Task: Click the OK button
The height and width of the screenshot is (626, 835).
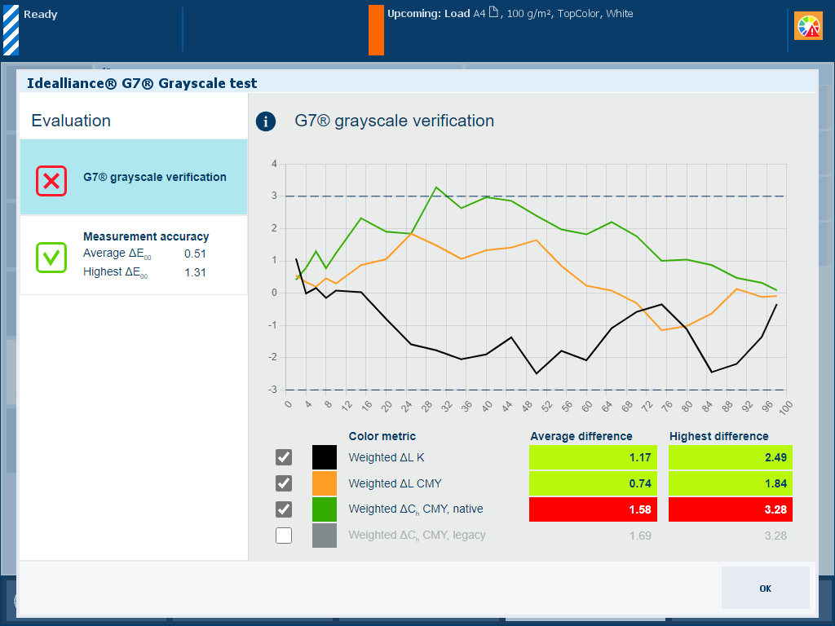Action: tap(765, 588)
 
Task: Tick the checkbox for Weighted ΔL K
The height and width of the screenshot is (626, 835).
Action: tap(284, 457)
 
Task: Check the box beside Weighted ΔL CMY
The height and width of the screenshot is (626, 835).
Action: tap(284, 483)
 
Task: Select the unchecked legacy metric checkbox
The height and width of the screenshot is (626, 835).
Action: tap(284, 536)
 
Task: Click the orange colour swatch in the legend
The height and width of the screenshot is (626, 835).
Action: tap(324, 483)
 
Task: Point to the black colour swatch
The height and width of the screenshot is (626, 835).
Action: tap(324, 457)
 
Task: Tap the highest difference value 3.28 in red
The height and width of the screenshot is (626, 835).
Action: tap(731, 509)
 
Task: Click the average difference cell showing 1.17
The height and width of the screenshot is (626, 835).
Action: tap(591, 457)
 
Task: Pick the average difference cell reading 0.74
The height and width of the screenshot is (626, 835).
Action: tap(591, 483)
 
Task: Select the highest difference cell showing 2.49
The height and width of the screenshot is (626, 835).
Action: tap(731, 457)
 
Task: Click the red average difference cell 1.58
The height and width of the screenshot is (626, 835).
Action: tap(591, 509)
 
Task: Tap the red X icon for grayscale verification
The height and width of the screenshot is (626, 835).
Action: tap(51, 180)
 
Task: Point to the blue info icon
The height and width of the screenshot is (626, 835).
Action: tap(266, 121)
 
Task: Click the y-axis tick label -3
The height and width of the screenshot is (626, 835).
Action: tap(273, 390)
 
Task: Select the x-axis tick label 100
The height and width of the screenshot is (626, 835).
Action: tap(785, 405)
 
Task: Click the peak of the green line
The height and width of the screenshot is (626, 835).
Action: tap(436, 187)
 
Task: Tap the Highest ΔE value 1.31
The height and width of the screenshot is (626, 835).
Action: tap(195, 272)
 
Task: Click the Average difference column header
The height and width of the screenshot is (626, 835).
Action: tap(581, 436)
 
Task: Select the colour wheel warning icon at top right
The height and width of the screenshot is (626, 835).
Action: tap(809, 26)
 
